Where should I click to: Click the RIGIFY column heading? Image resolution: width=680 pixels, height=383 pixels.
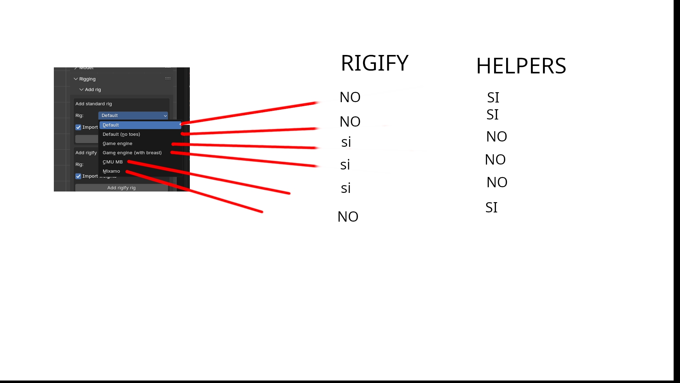(x=374, y=63)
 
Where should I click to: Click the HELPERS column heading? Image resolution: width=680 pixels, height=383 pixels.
(x=521, y=66)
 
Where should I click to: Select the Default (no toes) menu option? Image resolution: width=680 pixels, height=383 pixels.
(x=121, y=134)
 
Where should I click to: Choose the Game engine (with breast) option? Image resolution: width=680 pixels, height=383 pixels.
(x=132, y=153)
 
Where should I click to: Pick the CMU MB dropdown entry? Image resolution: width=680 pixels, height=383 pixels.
(x=113, y=162)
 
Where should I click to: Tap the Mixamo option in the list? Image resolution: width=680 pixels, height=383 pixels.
(x=111, y=171)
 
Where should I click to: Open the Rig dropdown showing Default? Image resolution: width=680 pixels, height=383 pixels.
(x=133, y=116)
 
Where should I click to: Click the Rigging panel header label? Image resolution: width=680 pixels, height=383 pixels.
(x=87, y=79)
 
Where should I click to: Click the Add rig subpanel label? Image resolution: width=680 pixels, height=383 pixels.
(x=93, y=90)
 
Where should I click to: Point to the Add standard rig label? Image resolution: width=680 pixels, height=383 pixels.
(x=93, y=104)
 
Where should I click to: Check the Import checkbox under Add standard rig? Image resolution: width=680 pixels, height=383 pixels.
(x=78, y=127)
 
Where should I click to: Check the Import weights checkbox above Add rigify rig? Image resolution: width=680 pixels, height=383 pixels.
(x=78, y=176)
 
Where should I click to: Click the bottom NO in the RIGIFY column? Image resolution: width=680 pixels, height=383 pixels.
(x=348, y=217)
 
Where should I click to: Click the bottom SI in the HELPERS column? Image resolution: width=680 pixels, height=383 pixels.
(x=491, y=207)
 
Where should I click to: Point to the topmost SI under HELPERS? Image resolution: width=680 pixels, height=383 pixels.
(x=493, y=98)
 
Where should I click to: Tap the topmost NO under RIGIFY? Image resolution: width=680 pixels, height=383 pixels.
(x=350, y=97)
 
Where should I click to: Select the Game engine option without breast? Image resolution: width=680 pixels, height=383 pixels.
(x=117, y=144)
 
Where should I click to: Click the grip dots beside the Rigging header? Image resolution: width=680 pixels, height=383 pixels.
(x=168, y=79)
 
